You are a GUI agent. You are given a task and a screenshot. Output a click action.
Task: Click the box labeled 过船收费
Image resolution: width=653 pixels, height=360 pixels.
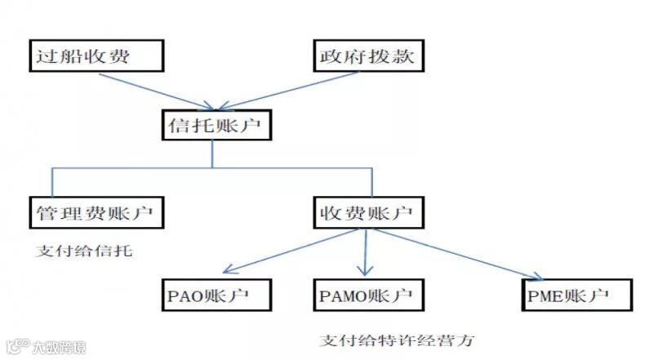click(x=96, y=56)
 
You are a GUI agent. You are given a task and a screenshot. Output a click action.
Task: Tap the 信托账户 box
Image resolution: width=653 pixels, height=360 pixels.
click(x=213, y=126)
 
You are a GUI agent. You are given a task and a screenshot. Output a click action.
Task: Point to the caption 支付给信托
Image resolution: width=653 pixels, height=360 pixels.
click(x=84, y=251)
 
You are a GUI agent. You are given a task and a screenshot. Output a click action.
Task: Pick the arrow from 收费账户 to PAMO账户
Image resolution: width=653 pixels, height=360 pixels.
click(x=364, y=253)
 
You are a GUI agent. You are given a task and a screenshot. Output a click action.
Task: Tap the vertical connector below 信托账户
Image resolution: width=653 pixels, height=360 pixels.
click(x=213, y=153)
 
